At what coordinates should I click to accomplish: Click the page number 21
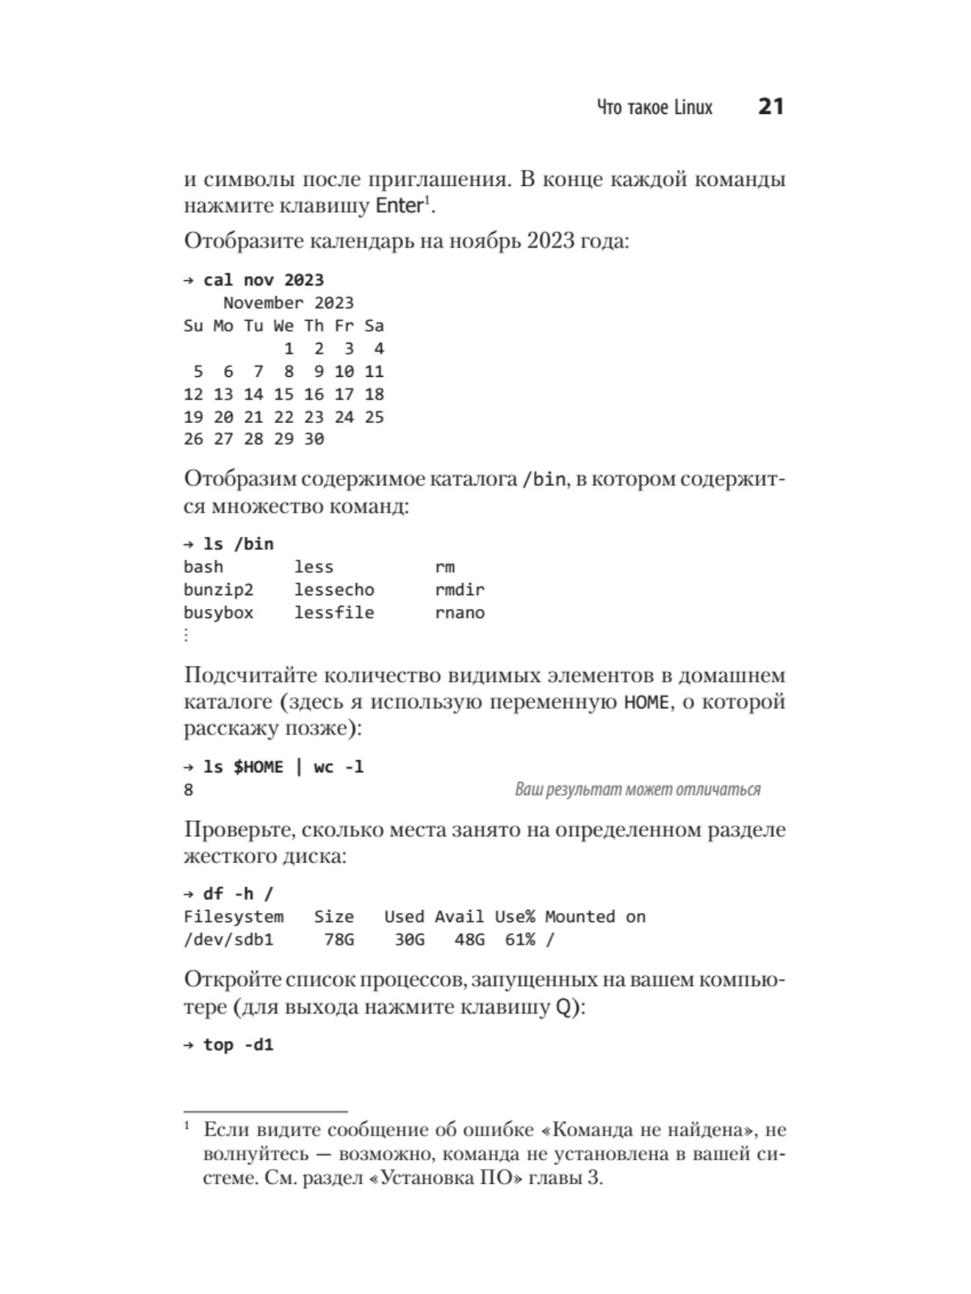click(x=770, y=107)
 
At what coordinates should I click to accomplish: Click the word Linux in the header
click(x=693, y=108)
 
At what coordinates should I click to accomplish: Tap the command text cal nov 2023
click(x=263, y=280)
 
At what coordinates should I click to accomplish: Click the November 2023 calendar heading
click(x=288, y=302)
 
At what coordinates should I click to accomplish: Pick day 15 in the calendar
click(x=283, y=394)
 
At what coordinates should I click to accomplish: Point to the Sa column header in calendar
click(x=374, y=326)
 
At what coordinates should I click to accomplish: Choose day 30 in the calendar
click(x=314, y=439)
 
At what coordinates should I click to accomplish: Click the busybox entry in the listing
click(x=218, y=612)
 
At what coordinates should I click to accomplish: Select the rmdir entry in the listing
click(x=460, y=590)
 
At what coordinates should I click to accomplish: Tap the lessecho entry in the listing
click(x=334, y=590)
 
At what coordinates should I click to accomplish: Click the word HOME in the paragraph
click(x=647, y=702)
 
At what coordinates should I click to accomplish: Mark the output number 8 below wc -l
click(x=189, y=790)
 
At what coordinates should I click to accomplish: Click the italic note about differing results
click(x=638, y=789)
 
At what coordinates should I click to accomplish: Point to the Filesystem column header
click(x=233, y=916)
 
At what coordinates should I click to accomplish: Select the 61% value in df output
click(x=519, y=939)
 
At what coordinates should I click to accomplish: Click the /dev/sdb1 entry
click(x=228, y=939)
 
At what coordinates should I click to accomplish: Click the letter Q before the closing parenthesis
click(x=563, y=1008)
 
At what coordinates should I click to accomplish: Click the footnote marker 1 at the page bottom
click(x=187, y=1126)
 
